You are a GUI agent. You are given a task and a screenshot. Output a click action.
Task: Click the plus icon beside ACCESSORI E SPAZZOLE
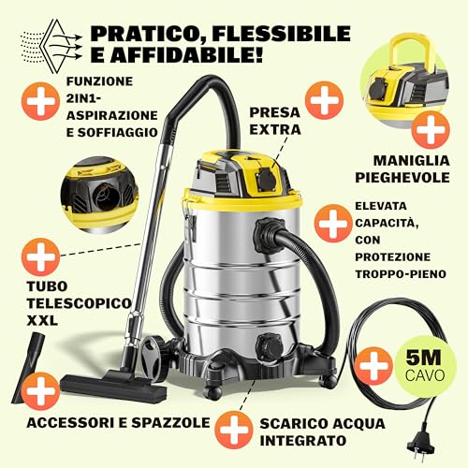click(38, 385)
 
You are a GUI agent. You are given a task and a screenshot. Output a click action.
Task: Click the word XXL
click(42, 320)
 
